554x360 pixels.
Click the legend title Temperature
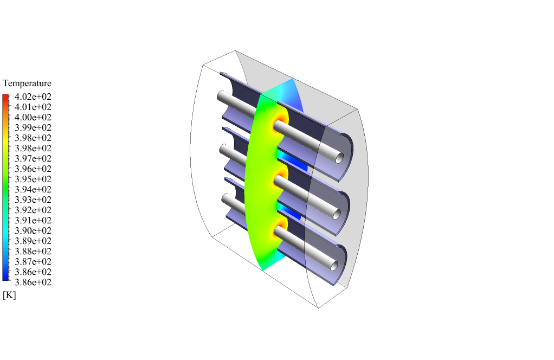click(x=27, y=83)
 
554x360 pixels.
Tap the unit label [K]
click(x=9, y=295)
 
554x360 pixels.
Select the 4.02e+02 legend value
click(x=33, y=97)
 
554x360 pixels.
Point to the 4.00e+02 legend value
click(x=33, y=117)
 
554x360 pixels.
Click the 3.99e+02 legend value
click(x=33, y=127)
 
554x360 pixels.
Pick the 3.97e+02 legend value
click(x=33, y=158)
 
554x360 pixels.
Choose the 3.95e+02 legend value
click(x=33, y=179)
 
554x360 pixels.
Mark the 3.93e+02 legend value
click(x=33, y=200)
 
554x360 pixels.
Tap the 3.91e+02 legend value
click(x=33, y=220)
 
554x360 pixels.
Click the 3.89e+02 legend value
click(x=33, y=241)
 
